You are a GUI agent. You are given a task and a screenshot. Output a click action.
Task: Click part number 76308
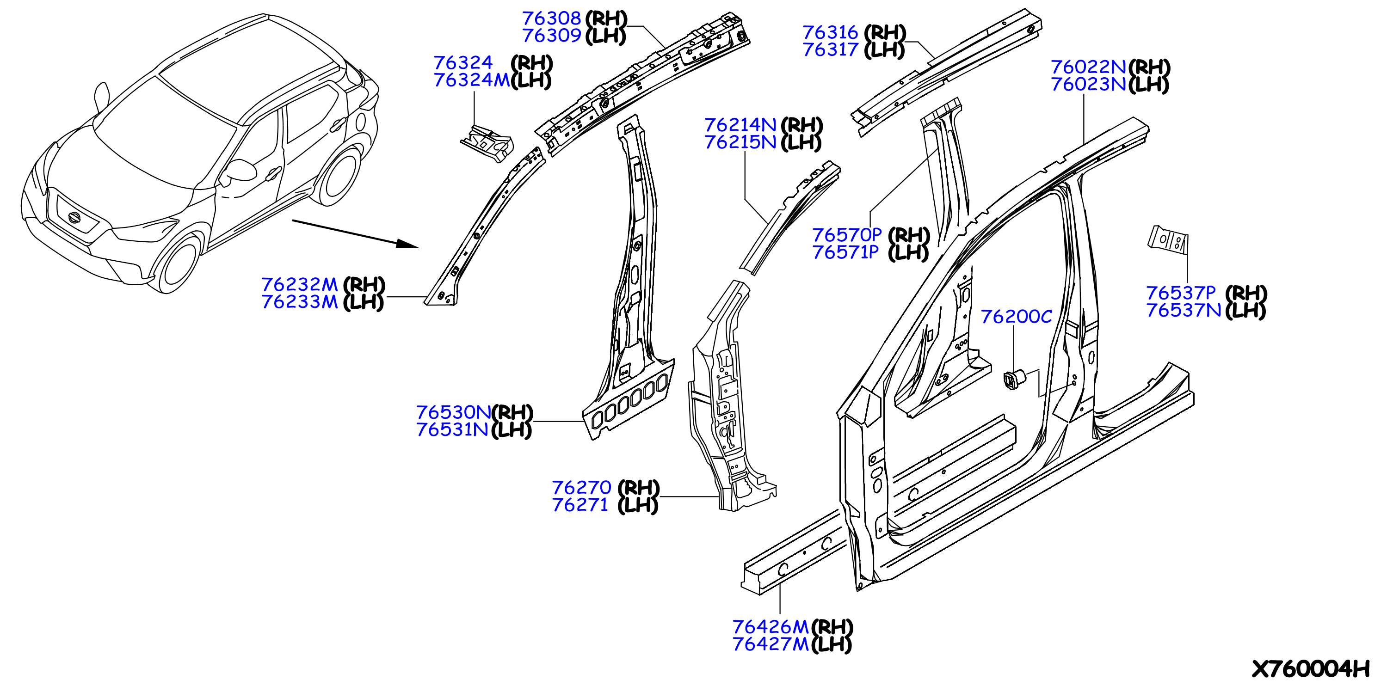552,18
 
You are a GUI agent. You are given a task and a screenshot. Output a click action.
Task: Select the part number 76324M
471,80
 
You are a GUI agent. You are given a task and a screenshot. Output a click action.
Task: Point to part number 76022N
1088,67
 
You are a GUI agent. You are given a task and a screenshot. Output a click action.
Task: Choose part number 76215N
740,142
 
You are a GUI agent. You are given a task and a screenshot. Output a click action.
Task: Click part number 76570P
847,235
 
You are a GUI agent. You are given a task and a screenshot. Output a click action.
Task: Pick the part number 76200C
1017,317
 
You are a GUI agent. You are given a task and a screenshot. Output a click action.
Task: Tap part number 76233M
300,302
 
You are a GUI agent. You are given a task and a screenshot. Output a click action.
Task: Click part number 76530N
454,413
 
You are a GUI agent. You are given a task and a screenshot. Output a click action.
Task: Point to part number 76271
580,505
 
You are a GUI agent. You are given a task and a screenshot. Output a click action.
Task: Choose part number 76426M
771,627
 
